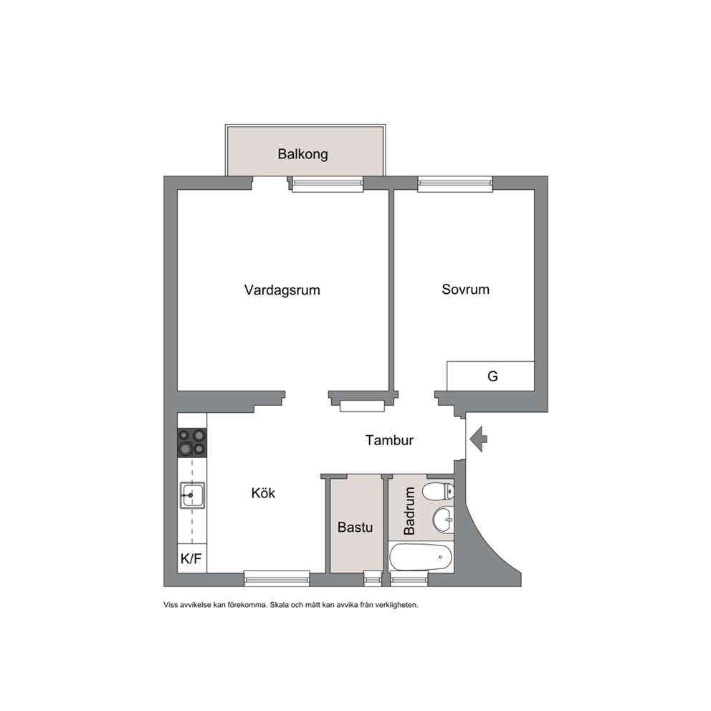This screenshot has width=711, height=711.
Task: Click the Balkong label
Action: click(x=302, y=154)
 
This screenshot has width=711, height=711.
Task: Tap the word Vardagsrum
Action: click(x=282, y=290)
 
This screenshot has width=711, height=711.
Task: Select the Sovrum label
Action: click(x=465, y=290)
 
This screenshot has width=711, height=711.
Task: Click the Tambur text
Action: click(x=389, y=440)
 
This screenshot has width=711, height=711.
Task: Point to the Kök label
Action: click(x=263, y=493)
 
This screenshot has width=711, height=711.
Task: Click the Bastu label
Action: click(x=355, y=528)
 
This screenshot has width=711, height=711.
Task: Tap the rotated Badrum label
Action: click(x=409, y=511)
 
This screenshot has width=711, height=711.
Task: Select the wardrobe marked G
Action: click(x=490, y=376)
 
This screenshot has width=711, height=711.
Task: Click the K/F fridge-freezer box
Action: click(x=192, y=558)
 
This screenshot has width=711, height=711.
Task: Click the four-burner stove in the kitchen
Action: click(x=192, y=442)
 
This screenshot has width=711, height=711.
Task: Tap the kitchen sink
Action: click(x=192, y=495)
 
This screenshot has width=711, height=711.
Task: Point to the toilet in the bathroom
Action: click(x=438, y=491)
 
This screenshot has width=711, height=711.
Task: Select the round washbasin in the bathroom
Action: click(x=444, y=519)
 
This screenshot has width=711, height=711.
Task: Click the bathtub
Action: click(x=421, y=558)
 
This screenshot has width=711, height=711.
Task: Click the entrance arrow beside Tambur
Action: click(x=478, y=439)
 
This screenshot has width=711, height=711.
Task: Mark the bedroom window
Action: click(x=455, y=183)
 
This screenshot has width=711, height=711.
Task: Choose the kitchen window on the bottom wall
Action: click(x=277, y=578)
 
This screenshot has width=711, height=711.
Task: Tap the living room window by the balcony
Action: click(x=328, y=183)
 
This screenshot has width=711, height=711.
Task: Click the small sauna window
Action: click(x=373, y=578)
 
